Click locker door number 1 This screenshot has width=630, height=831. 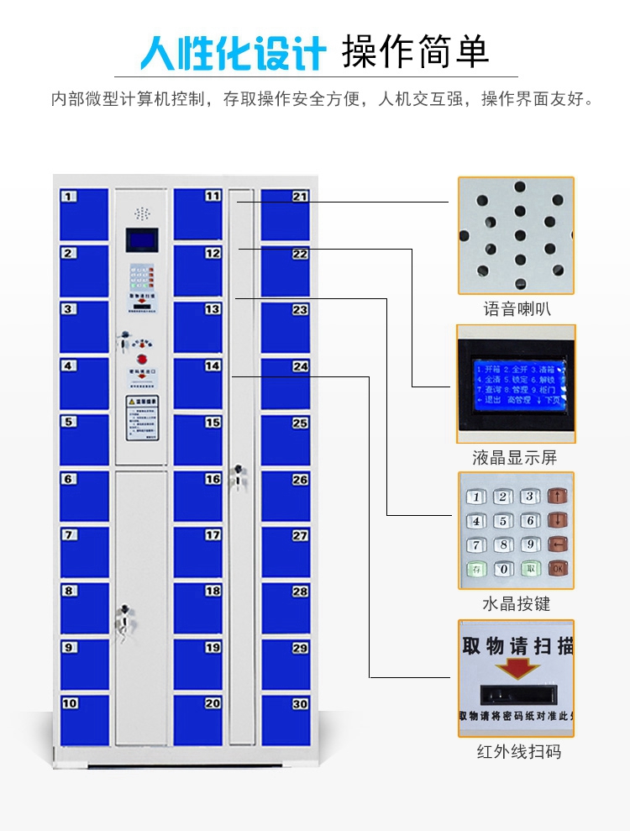point(84,214)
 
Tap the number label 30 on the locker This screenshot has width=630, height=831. point(300,704)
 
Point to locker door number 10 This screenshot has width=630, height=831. point(84,720)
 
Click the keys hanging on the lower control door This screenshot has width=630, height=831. point(124,622)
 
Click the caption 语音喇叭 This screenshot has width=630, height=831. point(517,309)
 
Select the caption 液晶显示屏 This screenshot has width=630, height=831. point(515,458)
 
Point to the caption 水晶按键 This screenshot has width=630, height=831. point(517,604)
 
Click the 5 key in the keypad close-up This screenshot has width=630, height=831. point(503,521)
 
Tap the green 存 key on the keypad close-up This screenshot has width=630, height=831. point(476,569)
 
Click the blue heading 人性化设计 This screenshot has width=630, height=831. point(233,53)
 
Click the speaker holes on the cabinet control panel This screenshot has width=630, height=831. point(142,213)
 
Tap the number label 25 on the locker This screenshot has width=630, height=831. point(300,423)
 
